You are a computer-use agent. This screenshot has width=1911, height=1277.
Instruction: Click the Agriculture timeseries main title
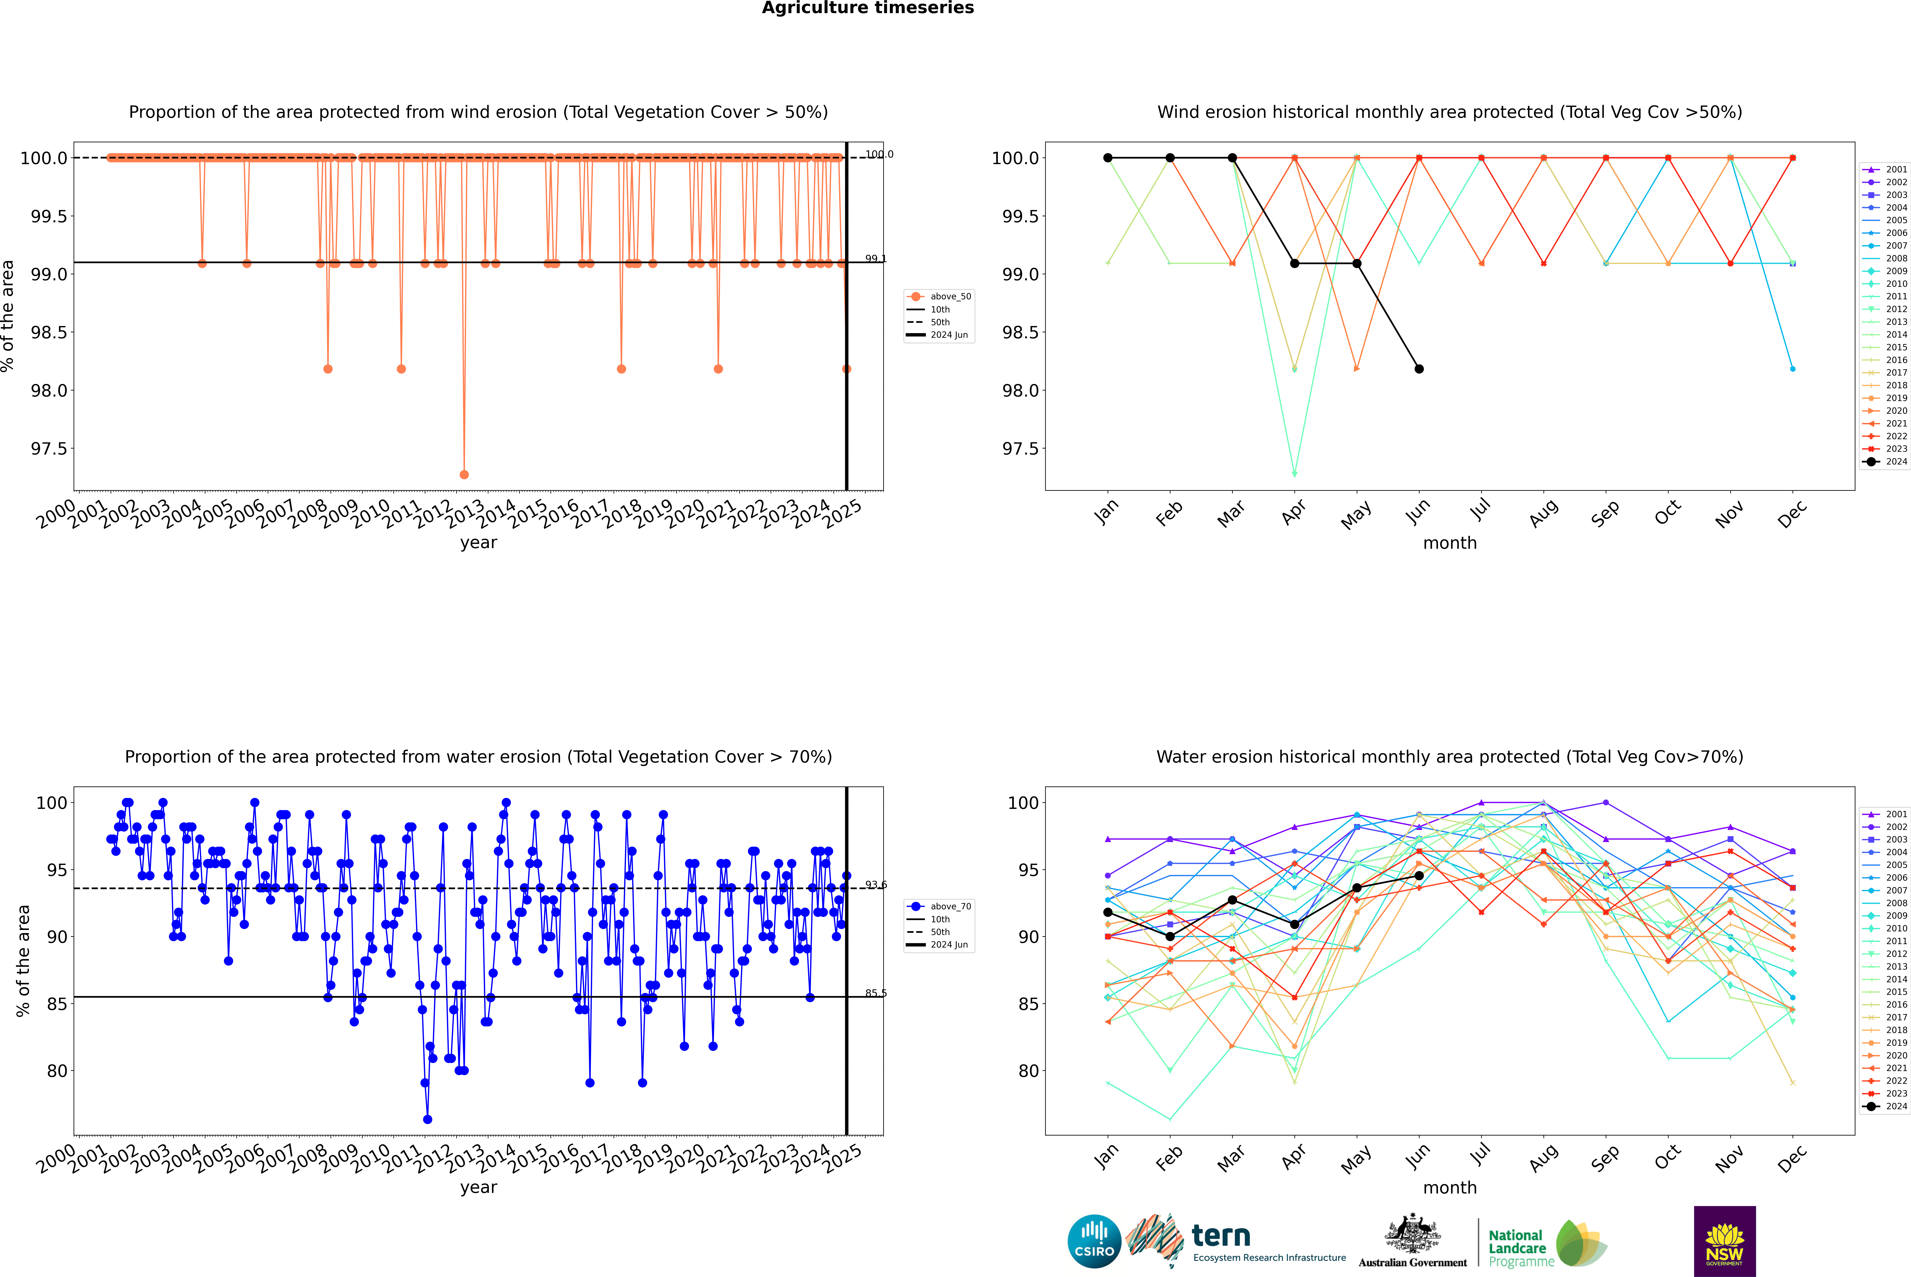pyautogui.click(x=867, y=8)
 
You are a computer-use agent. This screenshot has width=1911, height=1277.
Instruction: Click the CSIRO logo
pyautogui.click(x=1094, y=1241)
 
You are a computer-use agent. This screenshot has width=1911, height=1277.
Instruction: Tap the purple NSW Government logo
pyautogui.click(x=1724, y=1241)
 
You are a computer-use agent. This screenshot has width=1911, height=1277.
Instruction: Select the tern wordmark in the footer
pyautogui.click(x=1220, y=1236)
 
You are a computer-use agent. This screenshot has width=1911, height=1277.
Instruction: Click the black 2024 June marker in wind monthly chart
pyautogui.click(x=1419, y=369)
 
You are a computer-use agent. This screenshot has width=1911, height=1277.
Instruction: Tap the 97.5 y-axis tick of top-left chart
pyautogui.click(x=49, y=449)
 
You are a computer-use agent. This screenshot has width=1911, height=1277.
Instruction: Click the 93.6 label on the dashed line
pyautogui.click(x=876, y=884)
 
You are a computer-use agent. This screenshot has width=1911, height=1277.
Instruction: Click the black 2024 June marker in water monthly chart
pyautogui.click(x=1419, y=876)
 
